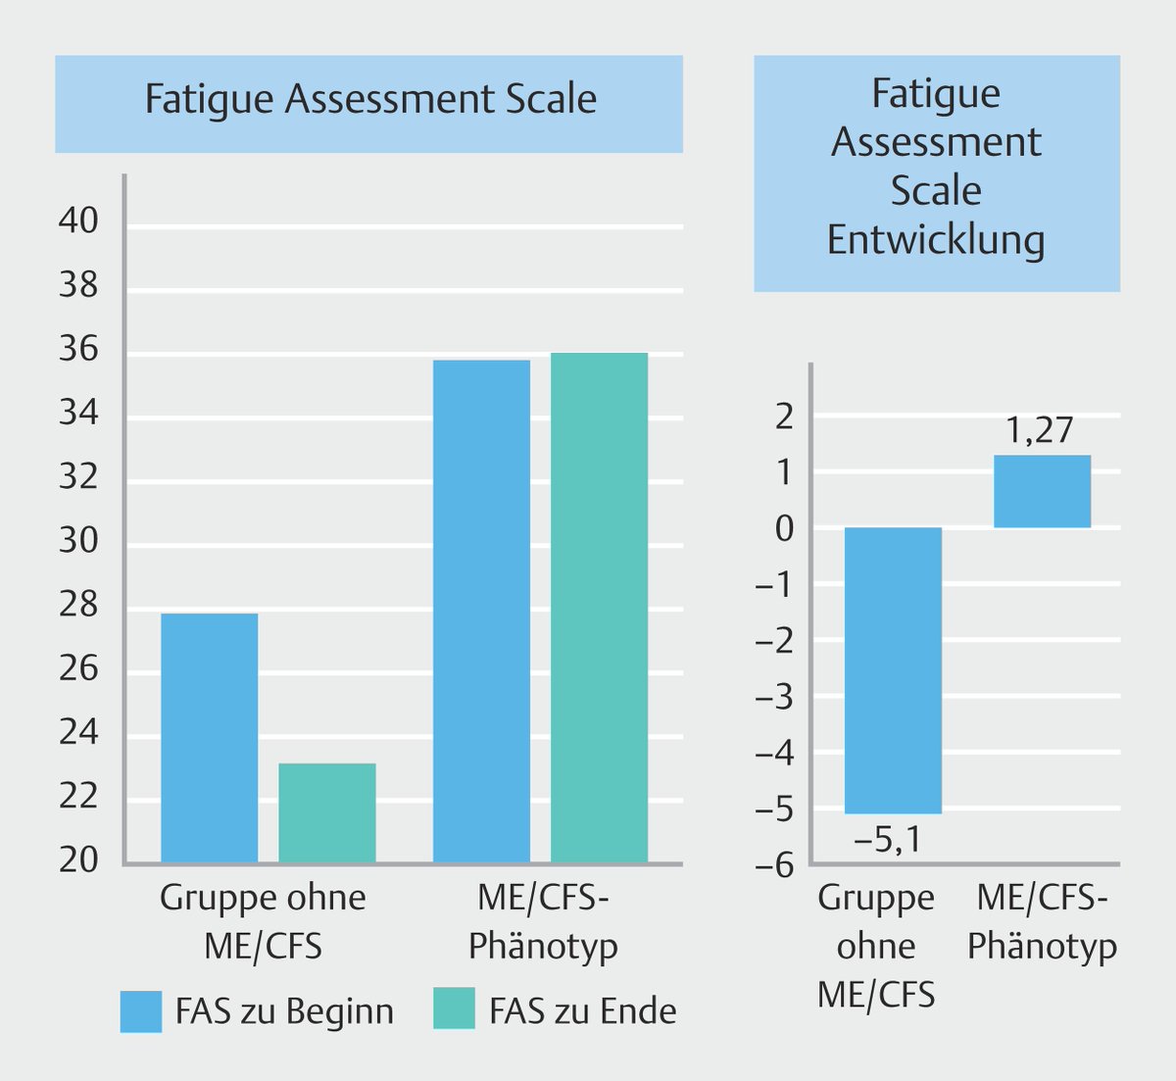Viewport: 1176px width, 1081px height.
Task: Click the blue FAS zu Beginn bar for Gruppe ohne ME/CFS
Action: (x=209, y=737)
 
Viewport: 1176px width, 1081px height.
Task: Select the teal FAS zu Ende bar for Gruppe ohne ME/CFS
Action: (x=326, y=812)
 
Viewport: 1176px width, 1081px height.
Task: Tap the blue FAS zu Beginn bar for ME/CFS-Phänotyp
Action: (x=481, y=611)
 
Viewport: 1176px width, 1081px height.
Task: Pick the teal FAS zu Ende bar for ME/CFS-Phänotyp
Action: (x=599, y=608)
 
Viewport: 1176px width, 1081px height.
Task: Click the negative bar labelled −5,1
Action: (x=893, y=670)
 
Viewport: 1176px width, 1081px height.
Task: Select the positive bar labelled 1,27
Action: (x=1042, y=491)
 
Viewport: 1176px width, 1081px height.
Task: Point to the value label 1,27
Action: (x=1041, y=430)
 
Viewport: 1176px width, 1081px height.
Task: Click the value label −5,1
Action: (x=888, y=840)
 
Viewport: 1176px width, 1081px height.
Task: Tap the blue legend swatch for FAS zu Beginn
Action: (x=140, y=1010)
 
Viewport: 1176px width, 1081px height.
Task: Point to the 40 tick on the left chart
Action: (x=78, y=221)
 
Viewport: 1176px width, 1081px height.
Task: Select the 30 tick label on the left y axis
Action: (x=78, y=540)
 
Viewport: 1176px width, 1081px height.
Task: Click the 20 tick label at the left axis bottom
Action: (x=78, y=860)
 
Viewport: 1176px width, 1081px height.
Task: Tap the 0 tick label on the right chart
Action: (x=785, y=529)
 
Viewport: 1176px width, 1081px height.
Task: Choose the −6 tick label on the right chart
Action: (x=775, y=865)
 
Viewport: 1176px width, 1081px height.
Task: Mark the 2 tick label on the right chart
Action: (x=785, y=418)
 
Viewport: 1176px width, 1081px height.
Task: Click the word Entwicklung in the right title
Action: (x=935, y=240)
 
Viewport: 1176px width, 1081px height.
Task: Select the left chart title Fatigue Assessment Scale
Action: (x=370, y=100)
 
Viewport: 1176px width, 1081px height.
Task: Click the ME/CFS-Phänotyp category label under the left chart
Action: (x=543, y=921)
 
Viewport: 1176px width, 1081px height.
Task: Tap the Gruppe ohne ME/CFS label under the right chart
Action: (x=876, y=946)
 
